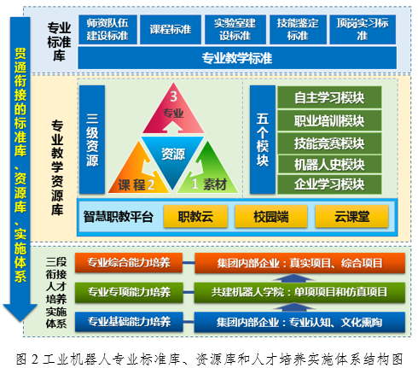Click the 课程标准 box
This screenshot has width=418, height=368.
coord(171,30)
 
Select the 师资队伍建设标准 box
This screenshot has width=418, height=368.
coord(107,30)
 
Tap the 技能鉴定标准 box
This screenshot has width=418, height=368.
coord(298,30)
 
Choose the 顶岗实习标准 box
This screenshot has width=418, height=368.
coord(363,30)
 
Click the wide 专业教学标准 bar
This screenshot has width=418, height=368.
coord(237,58)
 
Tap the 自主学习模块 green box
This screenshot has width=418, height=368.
coord(329,97)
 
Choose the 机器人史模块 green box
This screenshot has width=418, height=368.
coord(329,164)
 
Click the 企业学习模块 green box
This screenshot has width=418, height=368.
coord(329,184)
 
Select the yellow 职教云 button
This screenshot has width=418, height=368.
coord(195,217)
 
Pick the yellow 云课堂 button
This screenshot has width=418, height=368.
coord(352,217)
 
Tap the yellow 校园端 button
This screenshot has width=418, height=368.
coord(271,217)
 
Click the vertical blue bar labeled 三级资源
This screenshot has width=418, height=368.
coord(92,140)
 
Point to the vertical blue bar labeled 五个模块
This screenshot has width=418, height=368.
coord(263,140)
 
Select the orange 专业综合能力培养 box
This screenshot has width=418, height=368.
coord(129,263)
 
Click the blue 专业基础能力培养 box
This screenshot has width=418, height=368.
coord(129,322)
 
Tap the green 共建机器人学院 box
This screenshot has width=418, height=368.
coord(299,292)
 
